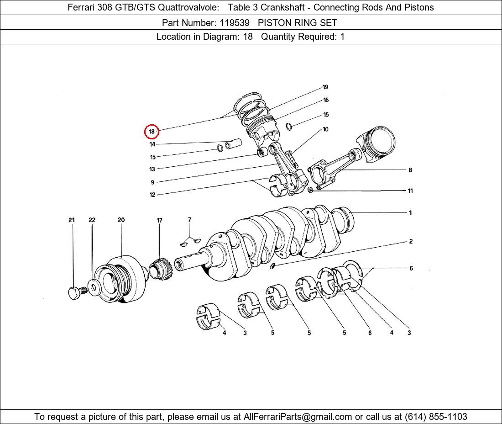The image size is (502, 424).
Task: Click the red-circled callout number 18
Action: [x=152, y=132]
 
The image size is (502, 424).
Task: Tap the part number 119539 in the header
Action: [x=235, y=23]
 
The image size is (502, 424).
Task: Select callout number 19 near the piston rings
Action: [x=325, y=87]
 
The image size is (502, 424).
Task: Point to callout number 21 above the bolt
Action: [x=71, y=220]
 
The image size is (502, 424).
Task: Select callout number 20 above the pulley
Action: [x=121, y=220]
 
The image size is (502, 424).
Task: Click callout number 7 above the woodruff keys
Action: [x=189, y=219]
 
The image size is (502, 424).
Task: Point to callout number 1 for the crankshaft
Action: [x=410, y=212]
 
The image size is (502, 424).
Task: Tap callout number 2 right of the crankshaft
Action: [x=411, y=241]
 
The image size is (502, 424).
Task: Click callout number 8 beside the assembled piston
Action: [x=410, y=170]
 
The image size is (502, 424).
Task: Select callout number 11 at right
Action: [x=410, y=191]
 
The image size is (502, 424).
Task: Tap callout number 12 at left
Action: [x=152, y=195]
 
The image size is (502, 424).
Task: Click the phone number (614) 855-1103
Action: [x=436, y=417]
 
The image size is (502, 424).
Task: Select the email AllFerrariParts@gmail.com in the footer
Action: [x=298, y=417]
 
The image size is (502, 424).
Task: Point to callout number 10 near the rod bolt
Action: [x=325, y=129]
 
